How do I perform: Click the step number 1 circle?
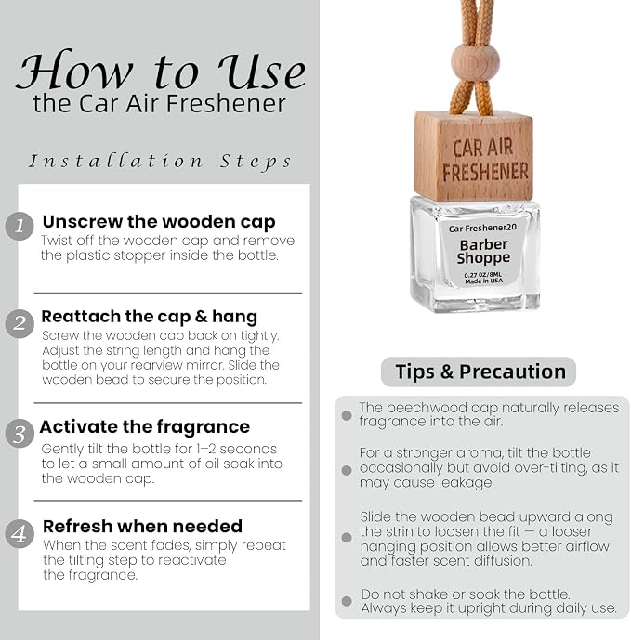click(x=20, y=226)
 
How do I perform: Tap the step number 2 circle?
click(x=20, y=324)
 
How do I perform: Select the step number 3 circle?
click(x=20, y=434)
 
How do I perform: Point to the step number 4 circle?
click(x=20, y=533)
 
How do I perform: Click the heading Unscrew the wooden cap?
click(x=159, y=222)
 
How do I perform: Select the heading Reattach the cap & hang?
click(x=149, y=317)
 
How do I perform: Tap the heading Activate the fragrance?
click(x=145, y=427)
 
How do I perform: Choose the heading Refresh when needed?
click(x=142, y=526)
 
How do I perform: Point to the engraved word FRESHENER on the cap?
click(x=486, y=172)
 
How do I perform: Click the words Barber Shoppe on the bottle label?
click(x=483, y=252)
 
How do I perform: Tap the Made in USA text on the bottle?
click(x=484, y=281)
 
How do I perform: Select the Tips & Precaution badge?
click(x=479, y=372)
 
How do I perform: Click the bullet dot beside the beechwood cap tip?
click(x=347, y=415)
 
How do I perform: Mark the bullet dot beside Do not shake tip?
click(x=347, y=601)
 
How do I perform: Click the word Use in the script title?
click(x=261, y=71)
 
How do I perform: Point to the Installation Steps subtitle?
click(x=160, y=162)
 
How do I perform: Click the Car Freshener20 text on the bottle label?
click(x=482, y=228)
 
